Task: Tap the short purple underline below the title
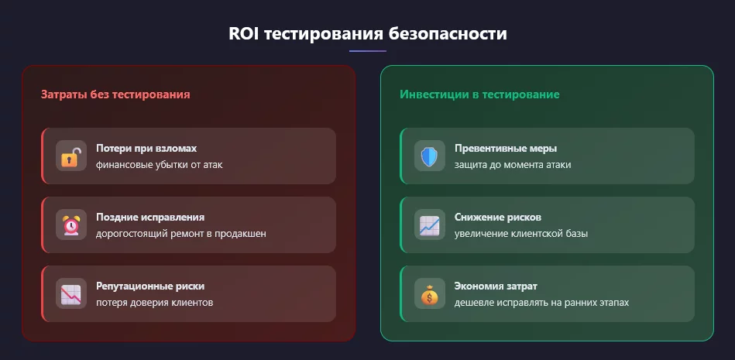point(367,51)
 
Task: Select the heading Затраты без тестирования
point(115,94)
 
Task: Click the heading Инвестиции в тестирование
point(479,94)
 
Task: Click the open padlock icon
point(71,156)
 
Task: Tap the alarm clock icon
point(71,225)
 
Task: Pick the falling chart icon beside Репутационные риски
point(71,294)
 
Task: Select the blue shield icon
point(429,156)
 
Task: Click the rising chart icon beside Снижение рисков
point(429,225)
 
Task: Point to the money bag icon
point(429,294)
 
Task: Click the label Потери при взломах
point(146,148)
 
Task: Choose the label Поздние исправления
point(150,217)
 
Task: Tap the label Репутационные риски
point(150,286)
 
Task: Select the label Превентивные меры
point(506,148)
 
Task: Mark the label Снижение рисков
point(498,217)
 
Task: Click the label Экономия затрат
point(496,286)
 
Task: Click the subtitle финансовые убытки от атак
point(160,164)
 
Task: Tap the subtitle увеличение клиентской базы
point(521,234)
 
